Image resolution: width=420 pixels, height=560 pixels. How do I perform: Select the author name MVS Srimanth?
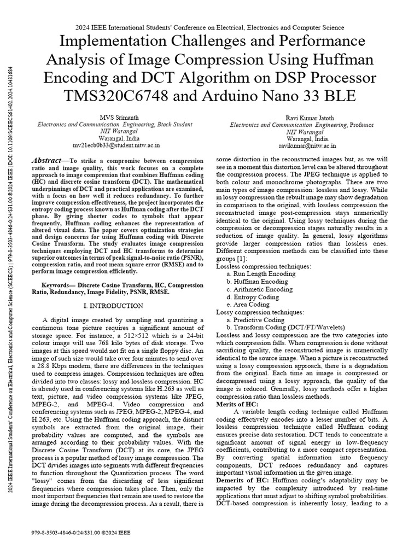[115, 118]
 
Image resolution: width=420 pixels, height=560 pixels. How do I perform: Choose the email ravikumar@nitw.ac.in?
[307, 146]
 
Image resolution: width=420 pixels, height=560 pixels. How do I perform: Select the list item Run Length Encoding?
[264, 273]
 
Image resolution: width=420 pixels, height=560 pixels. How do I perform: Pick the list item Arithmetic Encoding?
[262, 289]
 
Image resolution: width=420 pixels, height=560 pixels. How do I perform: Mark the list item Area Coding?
[252, 305]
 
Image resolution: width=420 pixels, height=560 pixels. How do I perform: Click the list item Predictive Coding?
[259, 320]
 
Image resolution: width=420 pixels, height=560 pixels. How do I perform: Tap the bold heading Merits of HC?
[237, 404]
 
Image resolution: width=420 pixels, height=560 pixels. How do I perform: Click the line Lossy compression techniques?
[255, 312]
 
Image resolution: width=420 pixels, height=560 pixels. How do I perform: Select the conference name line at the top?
[209, 27]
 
